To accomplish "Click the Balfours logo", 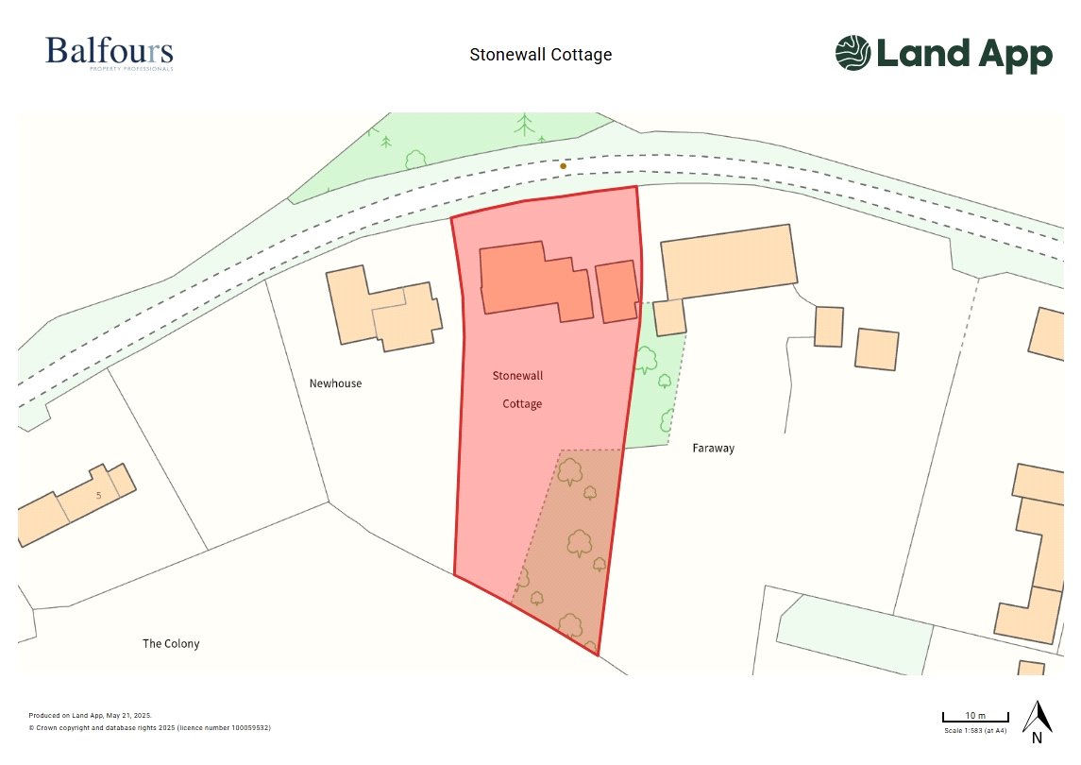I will click(109, 51).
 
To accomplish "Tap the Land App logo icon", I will click(853, 53).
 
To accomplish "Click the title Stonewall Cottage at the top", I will click(540, 55).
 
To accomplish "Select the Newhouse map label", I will click(335, 383).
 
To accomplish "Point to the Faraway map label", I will click(713, 448).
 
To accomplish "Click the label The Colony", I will click(171, 643).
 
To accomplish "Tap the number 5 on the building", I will click(98, 494).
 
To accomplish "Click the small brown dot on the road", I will click(564, 166).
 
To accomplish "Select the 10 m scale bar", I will click(975, 718).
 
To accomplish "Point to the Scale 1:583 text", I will click(975, 731).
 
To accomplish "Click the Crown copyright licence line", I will click(149, 728).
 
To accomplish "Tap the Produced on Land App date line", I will click(91, 716).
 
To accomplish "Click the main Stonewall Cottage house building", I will click(533, 281).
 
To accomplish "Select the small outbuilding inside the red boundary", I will click(617, 292).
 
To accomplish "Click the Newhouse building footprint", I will click(382, 307).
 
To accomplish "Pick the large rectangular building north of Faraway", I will click(727, 261).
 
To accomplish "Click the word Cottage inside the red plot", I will click(522, 403).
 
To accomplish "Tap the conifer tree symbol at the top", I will click(524, 125).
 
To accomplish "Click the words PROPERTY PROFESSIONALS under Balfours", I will click(130, 69).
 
